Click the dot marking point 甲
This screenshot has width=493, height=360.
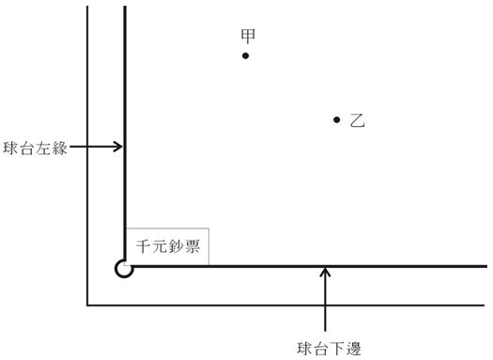245,55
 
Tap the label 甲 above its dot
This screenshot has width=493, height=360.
248,36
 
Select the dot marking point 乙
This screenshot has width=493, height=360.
336,119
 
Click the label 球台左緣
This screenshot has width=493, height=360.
35,148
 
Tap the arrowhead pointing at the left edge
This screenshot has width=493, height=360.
118,147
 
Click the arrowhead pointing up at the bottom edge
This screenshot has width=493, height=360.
325,274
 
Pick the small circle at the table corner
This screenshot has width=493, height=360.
123,269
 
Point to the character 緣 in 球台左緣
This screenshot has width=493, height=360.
59,148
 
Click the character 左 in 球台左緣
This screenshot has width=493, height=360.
43,148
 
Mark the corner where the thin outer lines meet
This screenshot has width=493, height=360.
87,305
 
